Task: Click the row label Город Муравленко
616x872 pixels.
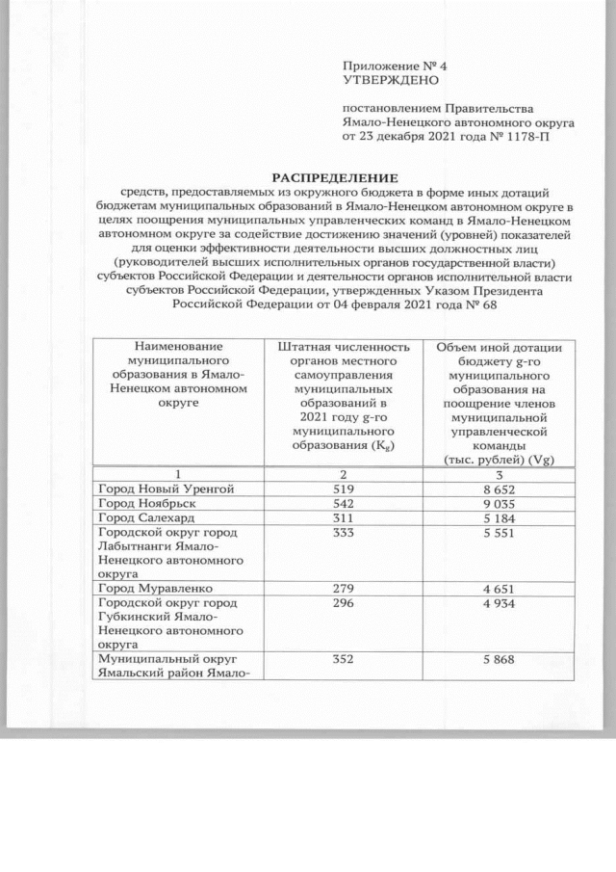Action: click(155, 587)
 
